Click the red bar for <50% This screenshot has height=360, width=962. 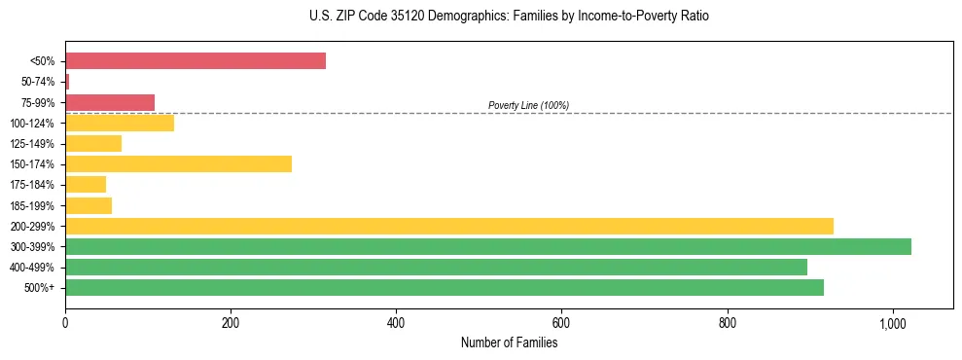pyautogui.click(x=196, y=61)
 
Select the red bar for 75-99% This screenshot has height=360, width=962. pyautogui.click(x=110, y=102)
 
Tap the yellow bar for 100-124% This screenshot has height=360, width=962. pyautogui.click(x=120, y=123)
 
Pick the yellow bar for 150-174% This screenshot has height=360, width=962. pyautogui.click(x=178, y=163)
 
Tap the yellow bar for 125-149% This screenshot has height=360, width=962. pyautogui.click(x=93, y=143)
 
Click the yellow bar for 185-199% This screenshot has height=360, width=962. pyautogui.click(x=89, y=205)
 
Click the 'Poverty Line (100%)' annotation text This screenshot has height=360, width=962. pyautogui.click(x=528, y=105)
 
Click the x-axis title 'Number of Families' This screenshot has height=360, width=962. pyautogui.click(x=509, y=342)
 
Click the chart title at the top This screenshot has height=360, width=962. pyautogui.click(x=509, y=17)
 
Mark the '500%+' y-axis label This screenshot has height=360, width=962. pyautogui.click(x=40, y=288)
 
